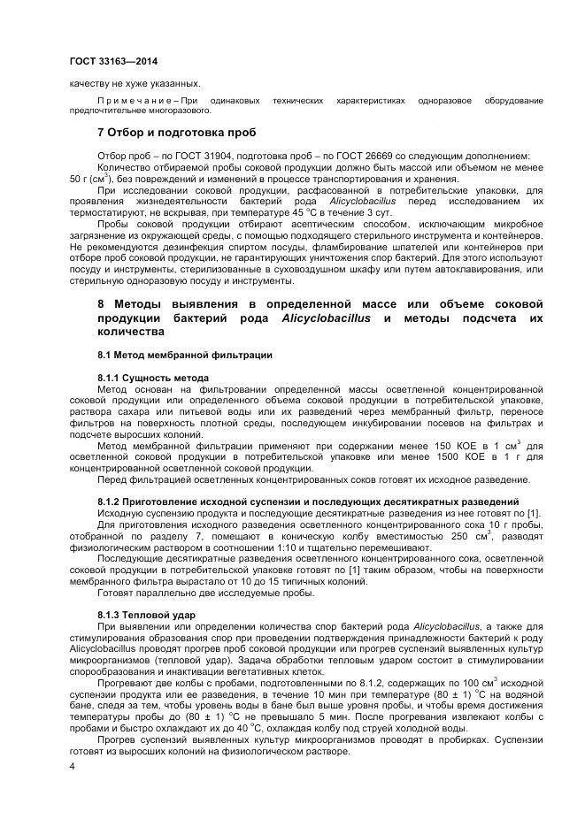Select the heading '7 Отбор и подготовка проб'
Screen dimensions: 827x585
click(176, 133)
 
